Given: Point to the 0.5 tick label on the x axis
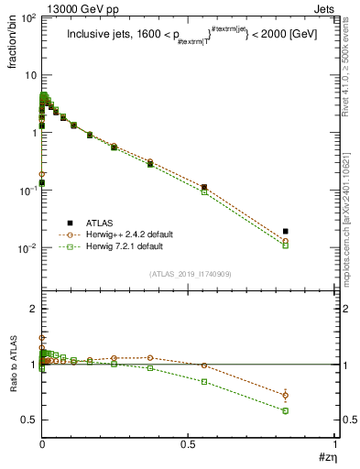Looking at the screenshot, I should point(188,445).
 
